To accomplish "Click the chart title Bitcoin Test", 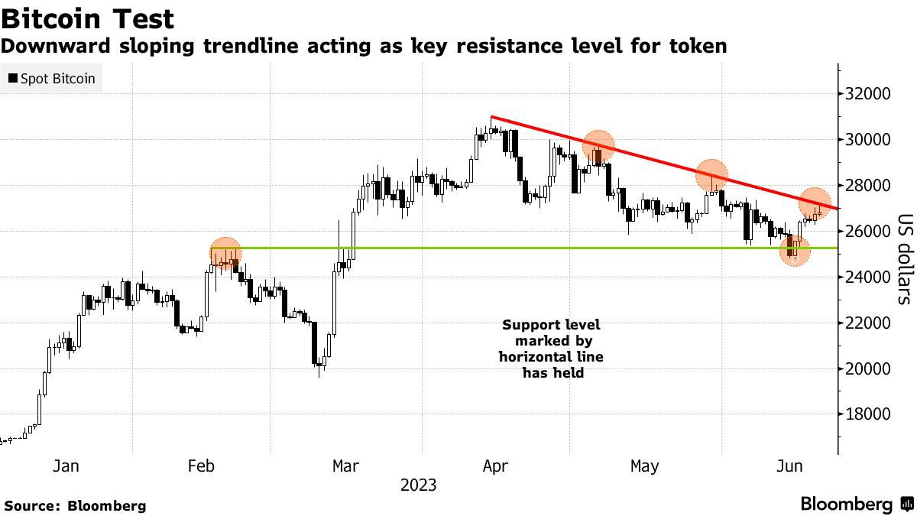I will pos(88,18).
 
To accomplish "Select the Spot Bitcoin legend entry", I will pos(52,78).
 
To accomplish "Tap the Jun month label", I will pos(789,466).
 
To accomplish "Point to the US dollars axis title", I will pos(903,258).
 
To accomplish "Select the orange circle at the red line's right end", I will pos(815,203).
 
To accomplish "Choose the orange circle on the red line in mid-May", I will pos(711,175).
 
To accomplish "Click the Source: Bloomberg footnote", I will pos(75,505).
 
